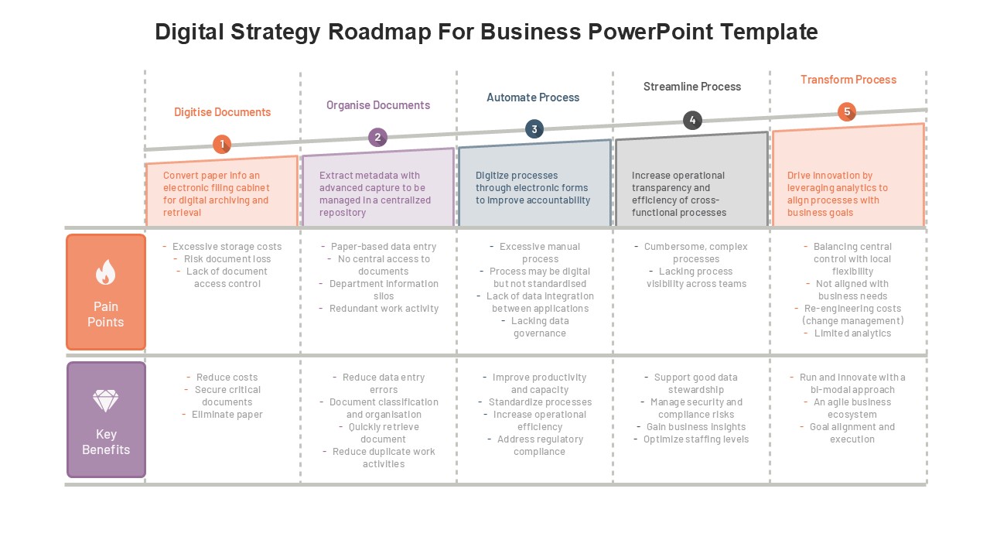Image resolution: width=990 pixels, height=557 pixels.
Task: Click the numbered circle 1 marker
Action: (222, 144)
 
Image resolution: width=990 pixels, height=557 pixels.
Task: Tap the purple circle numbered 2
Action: (378, 138)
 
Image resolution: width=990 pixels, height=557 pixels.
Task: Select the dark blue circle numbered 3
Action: (534, 129)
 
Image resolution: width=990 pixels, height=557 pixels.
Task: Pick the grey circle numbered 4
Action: (692, 120)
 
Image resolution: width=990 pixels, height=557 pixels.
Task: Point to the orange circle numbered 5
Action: (847, 112)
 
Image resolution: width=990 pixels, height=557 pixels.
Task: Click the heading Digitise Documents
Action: (222, 112)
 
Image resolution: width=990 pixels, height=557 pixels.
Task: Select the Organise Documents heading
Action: (378, 105)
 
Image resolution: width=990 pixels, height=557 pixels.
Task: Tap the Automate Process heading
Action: (533, 97)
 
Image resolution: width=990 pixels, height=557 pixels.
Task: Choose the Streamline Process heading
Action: (692, 87)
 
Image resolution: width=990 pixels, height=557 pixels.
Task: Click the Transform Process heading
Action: (848, 80)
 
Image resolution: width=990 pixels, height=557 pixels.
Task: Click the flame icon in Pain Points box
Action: (106, 272)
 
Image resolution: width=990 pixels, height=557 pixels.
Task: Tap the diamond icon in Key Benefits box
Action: (106, 401)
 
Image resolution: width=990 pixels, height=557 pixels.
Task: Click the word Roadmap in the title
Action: (379, 32)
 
